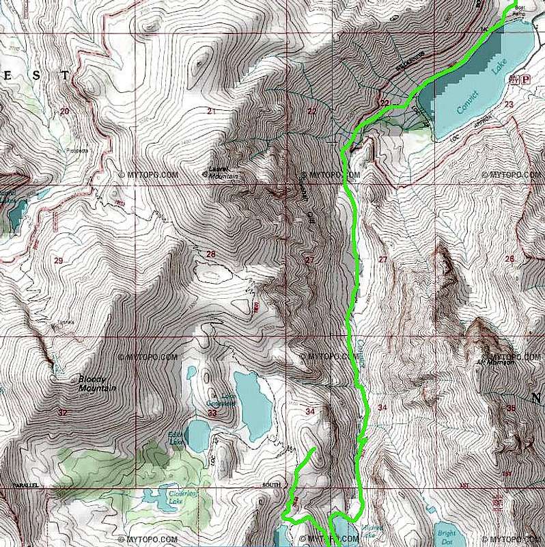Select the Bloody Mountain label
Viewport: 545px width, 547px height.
[x=97, y=384]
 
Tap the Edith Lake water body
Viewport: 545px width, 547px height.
[x=199, y=435]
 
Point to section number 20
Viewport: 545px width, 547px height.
[x=64, y=111]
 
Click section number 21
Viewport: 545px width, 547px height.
[x=212, y=111]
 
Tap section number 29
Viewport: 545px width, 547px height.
[x=58, y=261]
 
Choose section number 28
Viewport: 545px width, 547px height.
[x=210, y=254]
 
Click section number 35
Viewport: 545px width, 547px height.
[x=512, y=408]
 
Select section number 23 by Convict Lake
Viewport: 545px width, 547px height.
[x=508, y=104]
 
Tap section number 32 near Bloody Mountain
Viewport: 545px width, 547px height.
[x=63, y=412]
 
